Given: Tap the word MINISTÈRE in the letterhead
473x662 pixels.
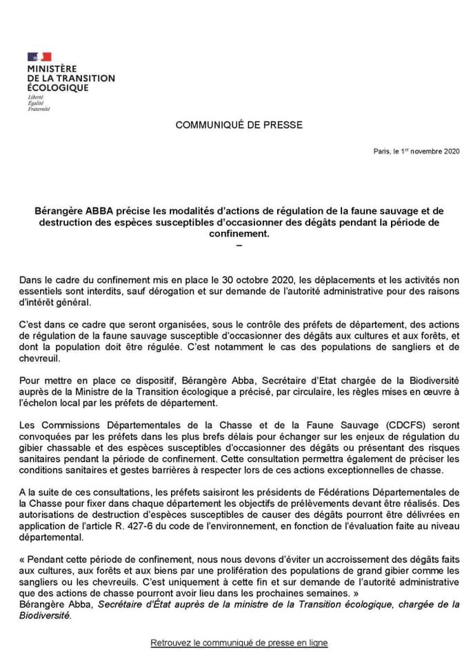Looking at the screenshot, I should point(52,70).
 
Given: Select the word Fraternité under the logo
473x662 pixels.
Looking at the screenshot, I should point(39,110).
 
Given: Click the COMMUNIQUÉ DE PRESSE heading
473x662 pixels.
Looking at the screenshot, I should point(239,125).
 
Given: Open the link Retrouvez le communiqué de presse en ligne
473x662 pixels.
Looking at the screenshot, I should point(239,643).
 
